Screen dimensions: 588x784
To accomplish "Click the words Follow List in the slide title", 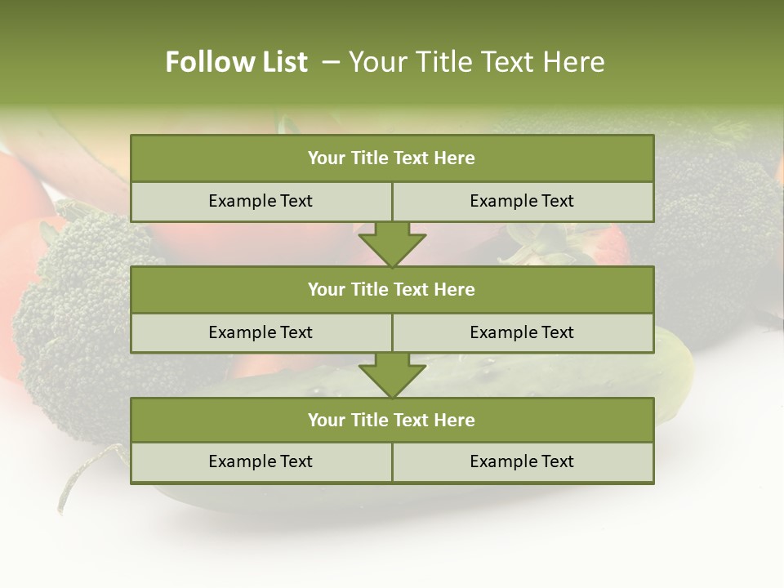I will point(236,62).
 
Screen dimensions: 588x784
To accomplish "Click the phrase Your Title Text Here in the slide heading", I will point(476,62).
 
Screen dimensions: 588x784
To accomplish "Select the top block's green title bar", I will point(392,158).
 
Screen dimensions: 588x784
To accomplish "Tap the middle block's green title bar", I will point(392,290).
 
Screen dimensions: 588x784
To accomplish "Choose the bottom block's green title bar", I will point(392,421).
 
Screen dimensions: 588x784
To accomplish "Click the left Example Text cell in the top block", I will point(261,202).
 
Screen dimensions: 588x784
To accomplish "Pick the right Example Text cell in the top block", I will point(522,202).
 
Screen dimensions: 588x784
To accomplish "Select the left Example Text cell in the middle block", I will point(261,333).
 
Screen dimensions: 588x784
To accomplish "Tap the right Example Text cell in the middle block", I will point(522,333).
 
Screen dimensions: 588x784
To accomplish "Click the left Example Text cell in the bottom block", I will point(261,462).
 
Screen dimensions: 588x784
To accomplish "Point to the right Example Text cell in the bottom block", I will point(522,462).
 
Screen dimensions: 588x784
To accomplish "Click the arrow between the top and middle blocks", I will point(392,244).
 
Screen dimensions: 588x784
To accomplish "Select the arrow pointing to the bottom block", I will point(392,376).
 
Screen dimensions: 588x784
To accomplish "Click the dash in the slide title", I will point(331,62).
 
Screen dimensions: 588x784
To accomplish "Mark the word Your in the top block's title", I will point(326,158).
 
